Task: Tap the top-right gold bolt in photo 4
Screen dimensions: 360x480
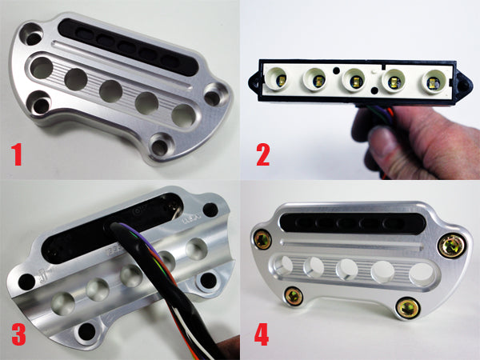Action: click(450, 246)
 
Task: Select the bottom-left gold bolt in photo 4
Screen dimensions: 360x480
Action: click(294, 297)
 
